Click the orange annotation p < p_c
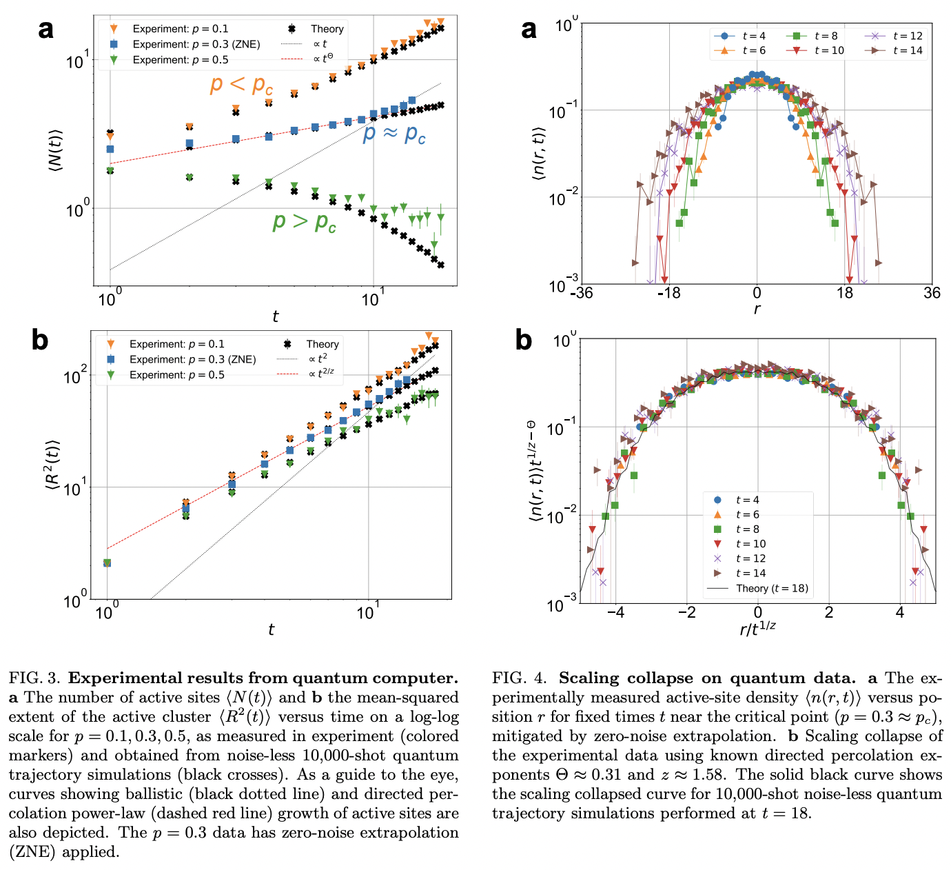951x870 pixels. pos(241,85)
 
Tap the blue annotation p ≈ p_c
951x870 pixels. pos(394,133)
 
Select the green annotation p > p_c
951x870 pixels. pos(304,222)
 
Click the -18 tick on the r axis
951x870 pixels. pos(668,293)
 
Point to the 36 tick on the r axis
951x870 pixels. pos(932,293)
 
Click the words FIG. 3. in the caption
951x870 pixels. pos(35,678)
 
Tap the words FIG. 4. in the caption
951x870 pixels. pos(519,678)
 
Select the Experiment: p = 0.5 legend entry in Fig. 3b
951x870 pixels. pos(177,375)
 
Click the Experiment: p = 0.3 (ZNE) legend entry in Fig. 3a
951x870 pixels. pos(196,44)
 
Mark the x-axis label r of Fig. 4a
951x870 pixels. pos(757,310)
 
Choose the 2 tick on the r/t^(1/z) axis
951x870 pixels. pos(828,612)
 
